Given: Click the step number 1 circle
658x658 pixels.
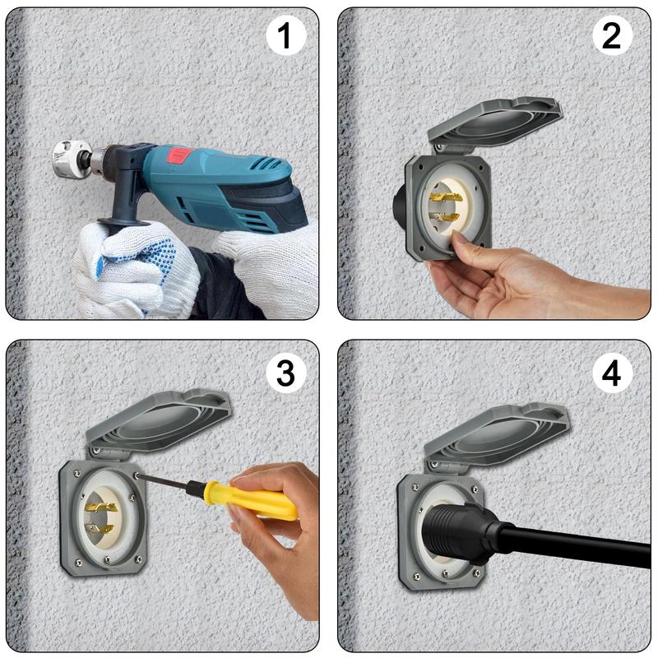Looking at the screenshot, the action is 285,35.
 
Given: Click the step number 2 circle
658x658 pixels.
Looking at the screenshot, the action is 611,35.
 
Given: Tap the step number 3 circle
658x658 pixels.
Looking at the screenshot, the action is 285,373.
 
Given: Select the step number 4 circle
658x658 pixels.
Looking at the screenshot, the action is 611,373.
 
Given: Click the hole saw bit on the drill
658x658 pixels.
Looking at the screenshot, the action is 72,157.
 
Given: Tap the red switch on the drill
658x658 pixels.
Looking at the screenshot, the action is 180,155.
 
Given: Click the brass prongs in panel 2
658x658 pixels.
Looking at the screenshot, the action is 445,207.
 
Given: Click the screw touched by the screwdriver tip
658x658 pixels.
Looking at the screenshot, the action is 137,475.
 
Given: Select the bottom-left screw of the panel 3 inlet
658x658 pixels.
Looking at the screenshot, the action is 78,563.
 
